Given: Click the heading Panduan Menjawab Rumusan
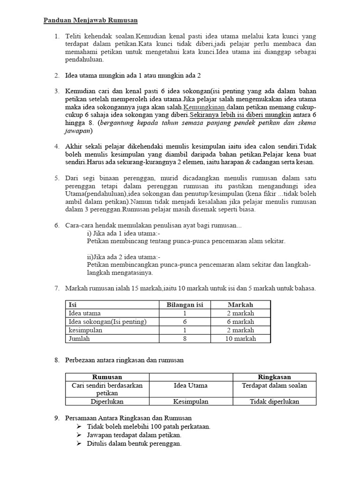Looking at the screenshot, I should pos(91,21).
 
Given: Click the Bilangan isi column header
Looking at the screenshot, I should pos(185,305).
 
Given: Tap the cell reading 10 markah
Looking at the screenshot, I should pos(240,338).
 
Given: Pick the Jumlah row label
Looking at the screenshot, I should pos(79,338).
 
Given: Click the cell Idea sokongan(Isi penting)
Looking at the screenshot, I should pos(108,322).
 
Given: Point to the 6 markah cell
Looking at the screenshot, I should pos(240,322).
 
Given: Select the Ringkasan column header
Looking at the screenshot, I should pos(274,377).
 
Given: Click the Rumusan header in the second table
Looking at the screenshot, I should pos(107,377).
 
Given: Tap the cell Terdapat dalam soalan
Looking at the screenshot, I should pos(274,385).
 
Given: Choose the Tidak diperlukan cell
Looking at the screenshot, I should pos(274,401).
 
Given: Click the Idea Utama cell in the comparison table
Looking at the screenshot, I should pos(190,385).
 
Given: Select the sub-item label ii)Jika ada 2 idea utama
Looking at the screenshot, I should pos(124,257).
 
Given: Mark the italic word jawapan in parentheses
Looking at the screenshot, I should pos(79,131).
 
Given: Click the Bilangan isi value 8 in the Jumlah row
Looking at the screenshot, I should pos(185,338).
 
